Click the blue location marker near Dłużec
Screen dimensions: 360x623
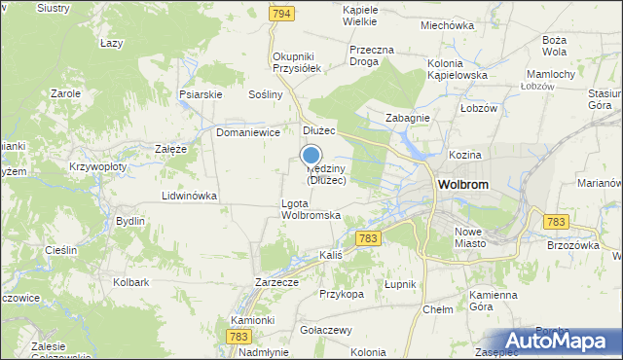(x=311, y=154)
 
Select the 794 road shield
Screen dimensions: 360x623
(x=282, y=14)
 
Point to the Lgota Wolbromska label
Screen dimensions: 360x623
(x=310, y=208)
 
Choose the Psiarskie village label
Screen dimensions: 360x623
(x=202, y=94)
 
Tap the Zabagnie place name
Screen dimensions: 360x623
(x=407, y=118)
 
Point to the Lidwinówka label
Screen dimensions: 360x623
(x=189, y=196)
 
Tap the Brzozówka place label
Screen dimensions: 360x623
(x=572, y=246)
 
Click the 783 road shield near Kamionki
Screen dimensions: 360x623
(x=238, y=336)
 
